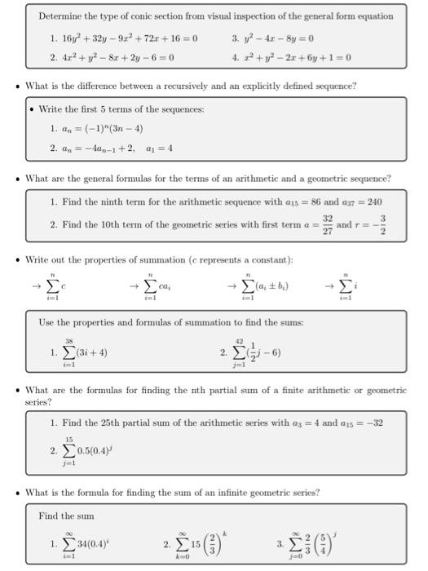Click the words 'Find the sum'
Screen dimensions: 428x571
67,516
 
